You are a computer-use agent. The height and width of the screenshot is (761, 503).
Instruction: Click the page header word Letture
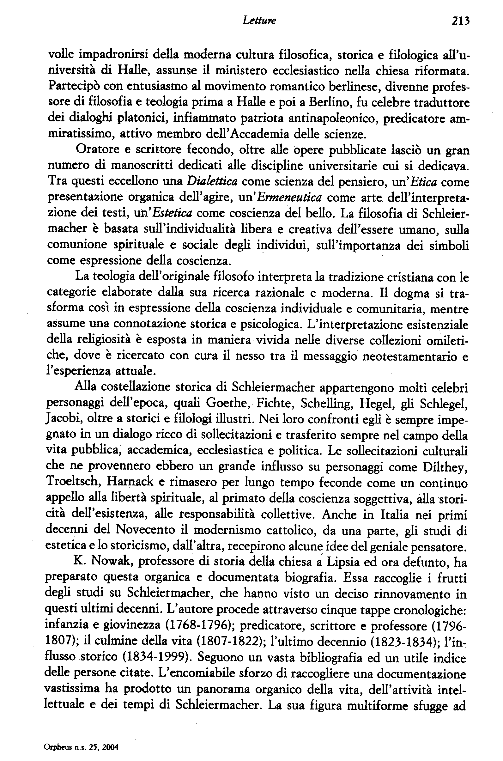[259, 21]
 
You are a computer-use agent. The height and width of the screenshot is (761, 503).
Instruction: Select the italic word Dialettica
[212, 182]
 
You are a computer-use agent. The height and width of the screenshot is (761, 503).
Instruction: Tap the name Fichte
[275, 403]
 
